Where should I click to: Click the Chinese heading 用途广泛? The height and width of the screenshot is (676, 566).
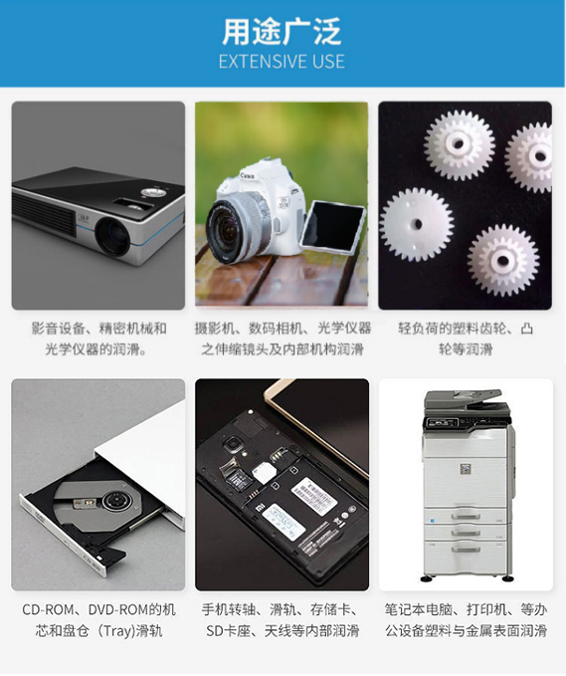coord(282,31)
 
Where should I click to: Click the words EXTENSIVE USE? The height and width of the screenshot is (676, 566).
coord(282,62)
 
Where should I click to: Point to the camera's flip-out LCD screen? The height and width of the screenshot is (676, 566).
coord(332,225)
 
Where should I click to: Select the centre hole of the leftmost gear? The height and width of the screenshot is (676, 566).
coord(417,225)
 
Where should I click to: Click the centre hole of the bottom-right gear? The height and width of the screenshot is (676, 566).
coord(502,260)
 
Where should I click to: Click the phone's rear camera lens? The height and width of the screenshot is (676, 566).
coord(234,444)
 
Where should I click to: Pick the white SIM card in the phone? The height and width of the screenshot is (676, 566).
coord(261,472)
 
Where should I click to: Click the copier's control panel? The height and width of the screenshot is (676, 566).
coord(468,422)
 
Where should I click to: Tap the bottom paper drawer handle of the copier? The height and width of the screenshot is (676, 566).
coord(466,549)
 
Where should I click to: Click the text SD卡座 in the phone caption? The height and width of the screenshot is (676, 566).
coord(228,631)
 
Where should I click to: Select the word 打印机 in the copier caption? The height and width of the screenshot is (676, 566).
coord(486,609)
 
